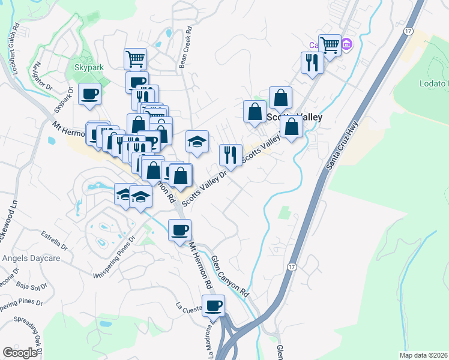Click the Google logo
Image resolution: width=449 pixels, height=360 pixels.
20,352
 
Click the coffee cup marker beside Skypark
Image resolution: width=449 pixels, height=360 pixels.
89,94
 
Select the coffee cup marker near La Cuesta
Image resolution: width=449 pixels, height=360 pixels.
213,306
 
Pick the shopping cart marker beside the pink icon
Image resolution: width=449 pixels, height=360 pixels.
329,44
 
